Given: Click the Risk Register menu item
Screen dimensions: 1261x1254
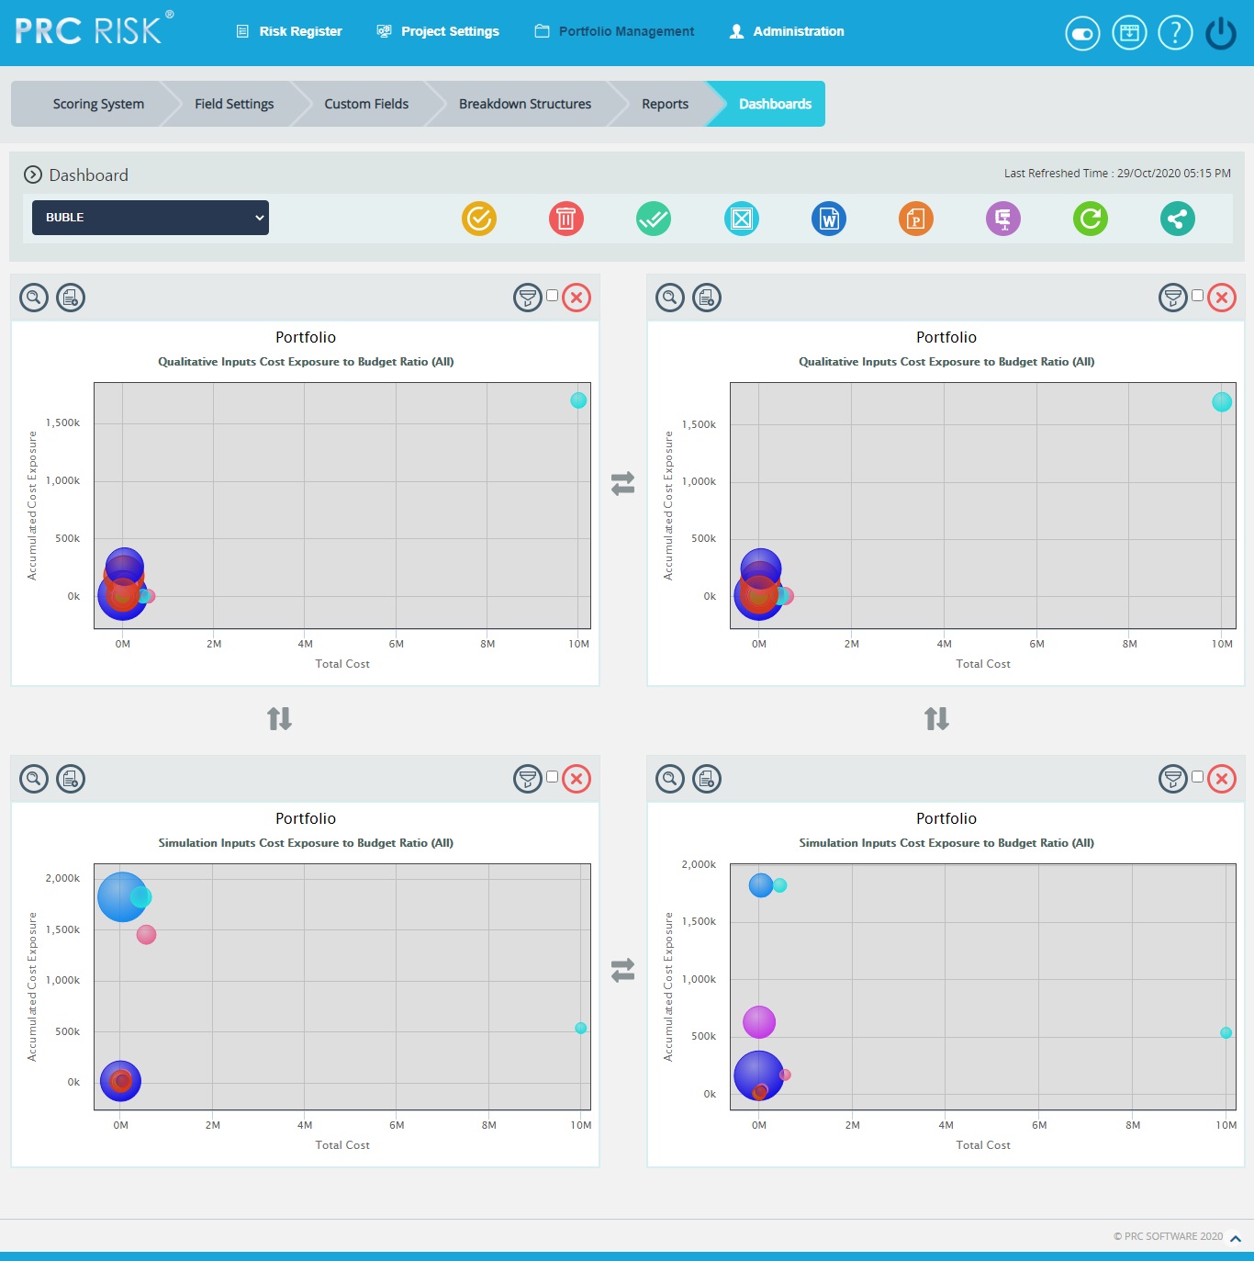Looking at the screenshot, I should [x=289, y=31].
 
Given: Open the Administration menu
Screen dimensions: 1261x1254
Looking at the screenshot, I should [x=787, y=31].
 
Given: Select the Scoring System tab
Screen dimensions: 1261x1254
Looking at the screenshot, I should [x=98, y=104].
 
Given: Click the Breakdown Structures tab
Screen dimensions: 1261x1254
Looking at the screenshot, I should [x=524, y=104].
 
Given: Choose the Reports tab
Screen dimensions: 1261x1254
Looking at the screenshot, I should [x=665, y=104].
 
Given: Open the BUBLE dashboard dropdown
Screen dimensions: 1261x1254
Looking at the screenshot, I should [x=151, y=218].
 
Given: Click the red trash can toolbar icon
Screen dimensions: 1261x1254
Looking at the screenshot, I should [x=566, y=219].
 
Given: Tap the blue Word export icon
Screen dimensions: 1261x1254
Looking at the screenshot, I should [x=829, y=219].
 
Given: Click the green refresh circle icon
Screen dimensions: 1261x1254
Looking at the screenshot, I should [x=1091, y=219].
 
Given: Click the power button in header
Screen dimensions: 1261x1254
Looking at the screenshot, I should [x=1221, y=33].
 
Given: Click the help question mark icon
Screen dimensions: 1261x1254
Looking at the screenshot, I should [x=1175, y=33].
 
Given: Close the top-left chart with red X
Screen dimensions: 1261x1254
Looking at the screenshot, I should [x=577, y=298].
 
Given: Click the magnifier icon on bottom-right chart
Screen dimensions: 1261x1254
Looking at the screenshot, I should [x=670, y=779].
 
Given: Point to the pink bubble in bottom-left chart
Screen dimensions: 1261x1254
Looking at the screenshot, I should [x=146, y=934].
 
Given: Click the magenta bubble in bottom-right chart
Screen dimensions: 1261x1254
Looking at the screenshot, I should [x=759, y=1021].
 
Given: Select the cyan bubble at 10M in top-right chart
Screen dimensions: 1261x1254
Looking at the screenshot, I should [x=1222, y=401].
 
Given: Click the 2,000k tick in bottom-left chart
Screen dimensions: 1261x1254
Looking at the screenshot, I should [x=62, y=878].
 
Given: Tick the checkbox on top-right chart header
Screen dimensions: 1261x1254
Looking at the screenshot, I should [x=1197, y=296].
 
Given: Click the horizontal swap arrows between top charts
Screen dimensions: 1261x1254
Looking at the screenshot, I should [x=623, y=483].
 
